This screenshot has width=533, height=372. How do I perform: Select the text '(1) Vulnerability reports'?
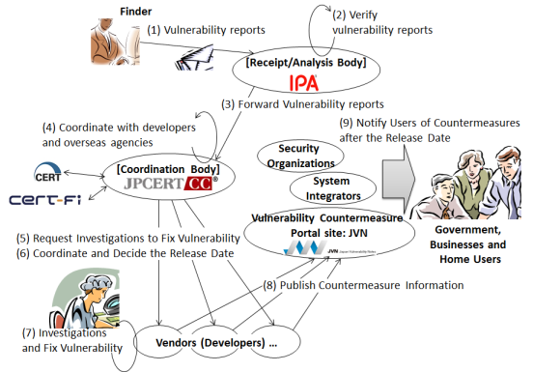point(206,30)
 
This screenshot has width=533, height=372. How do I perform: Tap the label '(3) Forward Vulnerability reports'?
point(302,104)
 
